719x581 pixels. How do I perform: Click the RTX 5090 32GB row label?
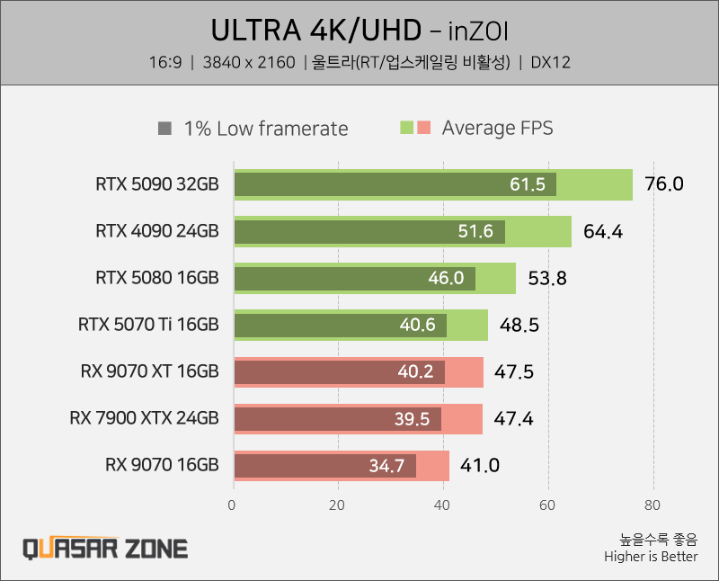156,184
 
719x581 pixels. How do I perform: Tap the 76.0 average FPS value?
664,184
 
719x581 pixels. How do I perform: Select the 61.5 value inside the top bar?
528,184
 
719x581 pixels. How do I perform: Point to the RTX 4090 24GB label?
156,231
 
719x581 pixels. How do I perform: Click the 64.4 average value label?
603,232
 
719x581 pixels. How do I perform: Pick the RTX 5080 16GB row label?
156,278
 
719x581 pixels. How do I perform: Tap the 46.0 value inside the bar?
446,278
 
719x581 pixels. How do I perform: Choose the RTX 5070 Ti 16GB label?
148,325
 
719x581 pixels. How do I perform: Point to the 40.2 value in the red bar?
415,371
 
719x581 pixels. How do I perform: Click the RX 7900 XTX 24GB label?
144,418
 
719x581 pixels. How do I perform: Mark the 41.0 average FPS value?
479,466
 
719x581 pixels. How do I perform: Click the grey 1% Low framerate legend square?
164,128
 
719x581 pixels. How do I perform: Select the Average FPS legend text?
497,128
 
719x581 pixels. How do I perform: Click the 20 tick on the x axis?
338,505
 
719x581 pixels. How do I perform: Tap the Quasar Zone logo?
104,548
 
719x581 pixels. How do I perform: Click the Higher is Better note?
652,557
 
